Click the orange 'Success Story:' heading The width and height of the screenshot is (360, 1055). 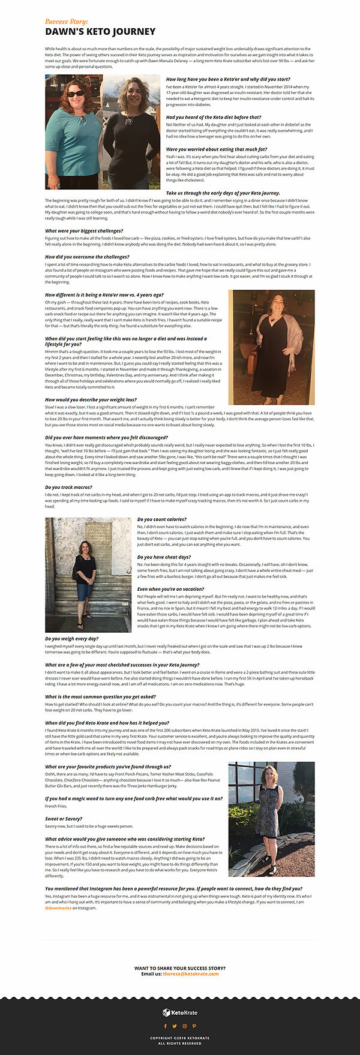pos(66,22)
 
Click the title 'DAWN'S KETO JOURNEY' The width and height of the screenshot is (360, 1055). pos(100,32)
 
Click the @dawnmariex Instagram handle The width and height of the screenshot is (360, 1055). pos(58,908)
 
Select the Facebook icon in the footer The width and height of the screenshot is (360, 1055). pos(166,1026)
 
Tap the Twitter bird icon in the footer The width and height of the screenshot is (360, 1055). pos(175,1026)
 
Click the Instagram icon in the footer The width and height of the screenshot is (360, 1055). pos(185,1026)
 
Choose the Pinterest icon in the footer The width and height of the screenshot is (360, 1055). pos(194,1026)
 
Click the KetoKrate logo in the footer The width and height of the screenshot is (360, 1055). pos(180,1012)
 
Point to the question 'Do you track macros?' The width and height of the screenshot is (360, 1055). pos(68,487)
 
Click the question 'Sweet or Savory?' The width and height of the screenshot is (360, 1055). pos(64,819)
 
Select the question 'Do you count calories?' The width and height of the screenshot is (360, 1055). pos(161,519)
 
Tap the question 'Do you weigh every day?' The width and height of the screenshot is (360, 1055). pos(71,639)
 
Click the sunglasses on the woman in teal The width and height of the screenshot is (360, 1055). pos(75,94)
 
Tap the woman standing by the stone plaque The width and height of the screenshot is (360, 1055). pos(84,579)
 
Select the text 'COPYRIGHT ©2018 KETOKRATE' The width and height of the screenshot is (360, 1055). pos(180,1038)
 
